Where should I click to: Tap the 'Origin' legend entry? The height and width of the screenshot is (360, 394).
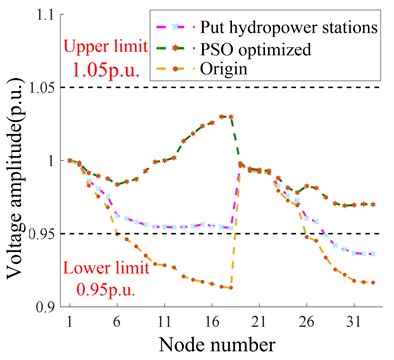258,68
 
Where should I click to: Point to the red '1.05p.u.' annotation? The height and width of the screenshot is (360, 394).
106,72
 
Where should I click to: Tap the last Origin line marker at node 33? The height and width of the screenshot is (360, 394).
373,282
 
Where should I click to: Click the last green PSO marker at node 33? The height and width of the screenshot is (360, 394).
373,204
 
